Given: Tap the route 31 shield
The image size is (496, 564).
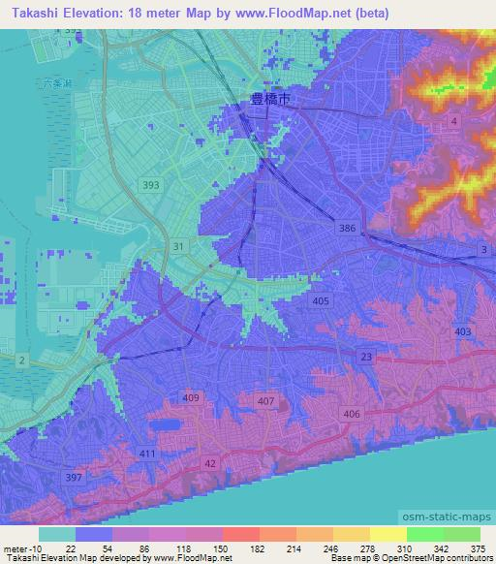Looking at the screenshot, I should [x=177, y=247].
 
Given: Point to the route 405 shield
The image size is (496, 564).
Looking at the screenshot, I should [x=322, y=302].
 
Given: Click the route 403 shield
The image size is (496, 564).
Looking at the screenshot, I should [x=462, y=331].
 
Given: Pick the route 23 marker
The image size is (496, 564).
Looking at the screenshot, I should [x=366, y=358].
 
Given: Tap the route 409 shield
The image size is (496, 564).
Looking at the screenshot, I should [x=191, y=397].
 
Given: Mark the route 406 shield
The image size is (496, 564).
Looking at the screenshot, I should [x=352, y=414].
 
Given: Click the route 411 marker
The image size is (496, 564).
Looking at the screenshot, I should [x=147, y=453].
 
